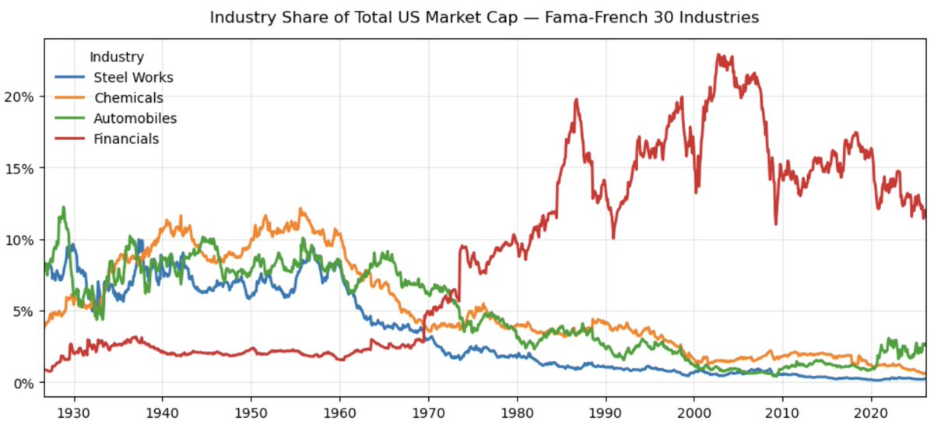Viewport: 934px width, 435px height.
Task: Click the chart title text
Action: tap(484, 17)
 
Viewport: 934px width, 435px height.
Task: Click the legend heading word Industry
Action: tap(117, 57)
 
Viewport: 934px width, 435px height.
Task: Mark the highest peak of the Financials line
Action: tap(718, 54)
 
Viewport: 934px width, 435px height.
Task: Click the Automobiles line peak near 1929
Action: tap(63, 207)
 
